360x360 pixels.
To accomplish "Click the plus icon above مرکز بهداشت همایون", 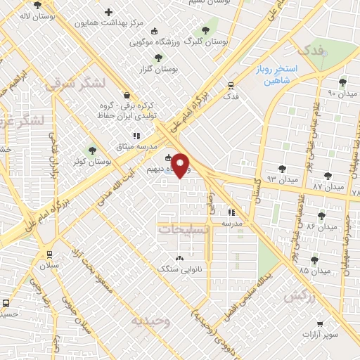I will click(108, 12).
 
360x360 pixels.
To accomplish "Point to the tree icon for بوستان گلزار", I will click(157, 58).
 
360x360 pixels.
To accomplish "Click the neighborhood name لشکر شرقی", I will click(75, 84).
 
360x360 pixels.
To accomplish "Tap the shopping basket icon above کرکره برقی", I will click(125, 95).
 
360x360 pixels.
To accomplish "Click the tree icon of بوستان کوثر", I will click(91, 150).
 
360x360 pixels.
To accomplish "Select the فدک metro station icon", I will click(231, 86).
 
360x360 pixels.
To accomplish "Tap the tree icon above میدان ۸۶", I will click(321, 215).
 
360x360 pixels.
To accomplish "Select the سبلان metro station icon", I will click(49, 255).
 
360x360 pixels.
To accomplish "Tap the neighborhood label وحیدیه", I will click(151, 321).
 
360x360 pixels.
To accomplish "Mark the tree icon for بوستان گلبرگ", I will click(205, 30).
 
